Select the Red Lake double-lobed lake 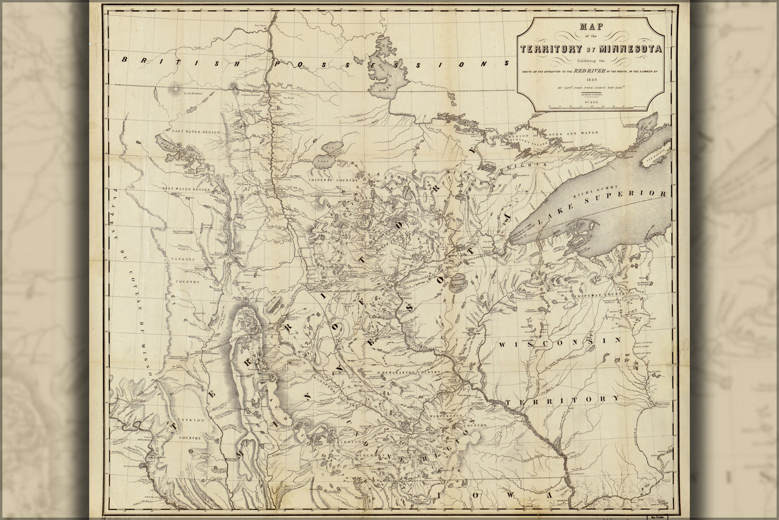[328, 155]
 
